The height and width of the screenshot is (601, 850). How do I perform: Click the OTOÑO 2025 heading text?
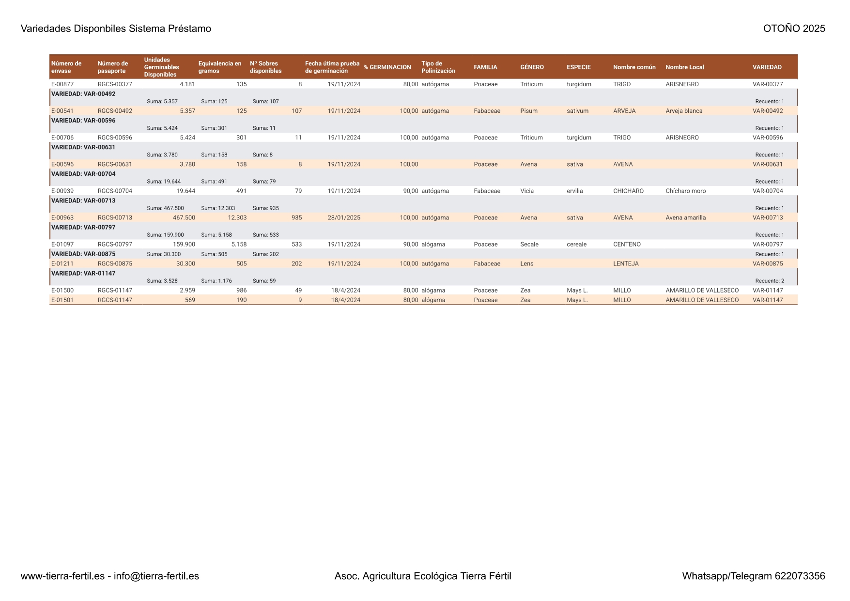click(x=794, y=29)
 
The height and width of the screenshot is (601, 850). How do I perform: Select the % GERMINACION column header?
click(x=387, y=67)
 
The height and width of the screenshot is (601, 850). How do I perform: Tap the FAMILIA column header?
click(x=485, y=67)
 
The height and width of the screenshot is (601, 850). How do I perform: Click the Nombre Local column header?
click(x=684, y=67)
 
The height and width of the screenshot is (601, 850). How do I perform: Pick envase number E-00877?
click(x=62, y=84)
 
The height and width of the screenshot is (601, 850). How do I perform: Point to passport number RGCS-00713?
click(x=115, y=218)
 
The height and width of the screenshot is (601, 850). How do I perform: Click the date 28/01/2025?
click(x=344, y=218)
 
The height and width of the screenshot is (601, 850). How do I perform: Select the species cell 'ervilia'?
click(x=575, y=191)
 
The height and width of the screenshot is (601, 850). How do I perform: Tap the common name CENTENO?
click(x=627, y=245)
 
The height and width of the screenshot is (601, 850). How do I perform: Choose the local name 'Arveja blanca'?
click(x=684, y=111)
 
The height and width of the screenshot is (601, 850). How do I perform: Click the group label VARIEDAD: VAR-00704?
click(x=83, y=174)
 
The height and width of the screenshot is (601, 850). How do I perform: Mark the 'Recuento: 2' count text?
click(x=770, y=281)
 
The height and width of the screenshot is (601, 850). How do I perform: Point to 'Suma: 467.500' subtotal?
click(x=165, y=208)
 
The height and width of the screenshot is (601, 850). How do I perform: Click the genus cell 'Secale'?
click(x=529, y=245)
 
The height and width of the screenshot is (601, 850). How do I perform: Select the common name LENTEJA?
click(x=626, y=264)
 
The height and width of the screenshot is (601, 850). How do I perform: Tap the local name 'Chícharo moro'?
click(x=685, y=191)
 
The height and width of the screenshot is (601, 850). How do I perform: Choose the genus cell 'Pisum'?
click(x=529, y=111)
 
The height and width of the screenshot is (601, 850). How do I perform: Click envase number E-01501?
click(x=62, y=300)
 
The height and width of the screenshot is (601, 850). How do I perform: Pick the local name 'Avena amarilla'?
click(x=685, y=218)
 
